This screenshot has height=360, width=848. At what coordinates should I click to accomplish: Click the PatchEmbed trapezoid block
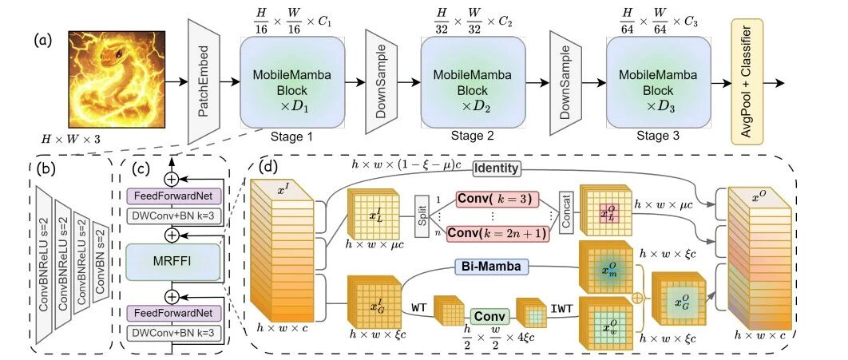(x=204, y=81)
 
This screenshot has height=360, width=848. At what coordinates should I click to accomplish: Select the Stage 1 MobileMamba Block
(x=292, y=82)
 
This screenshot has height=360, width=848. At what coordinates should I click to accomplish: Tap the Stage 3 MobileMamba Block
(x=658, y=82)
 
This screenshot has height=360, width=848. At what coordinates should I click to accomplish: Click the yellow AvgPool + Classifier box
(x=747, y=81)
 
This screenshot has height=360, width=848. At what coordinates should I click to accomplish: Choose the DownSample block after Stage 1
(x=382, y=81)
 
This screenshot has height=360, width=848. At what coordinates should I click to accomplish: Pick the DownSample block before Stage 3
(x=565, y=82)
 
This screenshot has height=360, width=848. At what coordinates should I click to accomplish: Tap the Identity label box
(x=497, y=168)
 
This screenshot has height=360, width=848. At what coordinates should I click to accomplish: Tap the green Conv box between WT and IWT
(x=490, y=315)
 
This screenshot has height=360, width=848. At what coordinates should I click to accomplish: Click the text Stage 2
(x=474, y=136)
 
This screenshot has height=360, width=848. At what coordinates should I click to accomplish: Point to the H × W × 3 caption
(x=71, y=140)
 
